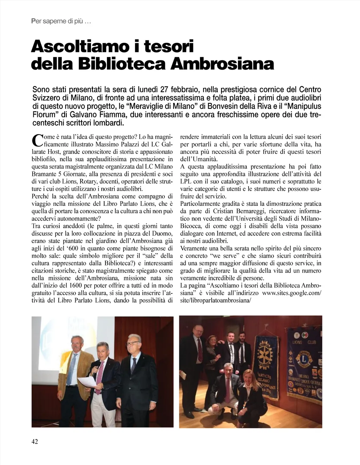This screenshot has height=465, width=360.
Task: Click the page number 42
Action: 35,441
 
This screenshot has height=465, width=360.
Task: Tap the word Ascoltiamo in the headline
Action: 78,46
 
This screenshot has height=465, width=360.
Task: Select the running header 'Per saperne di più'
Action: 61,21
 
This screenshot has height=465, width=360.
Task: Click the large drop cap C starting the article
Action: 37,140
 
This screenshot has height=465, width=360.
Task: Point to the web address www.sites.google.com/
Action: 292,293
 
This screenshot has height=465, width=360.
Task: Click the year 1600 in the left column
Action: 77,286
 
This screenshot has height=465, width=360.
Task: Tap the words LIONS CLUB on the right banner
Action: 304,342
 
